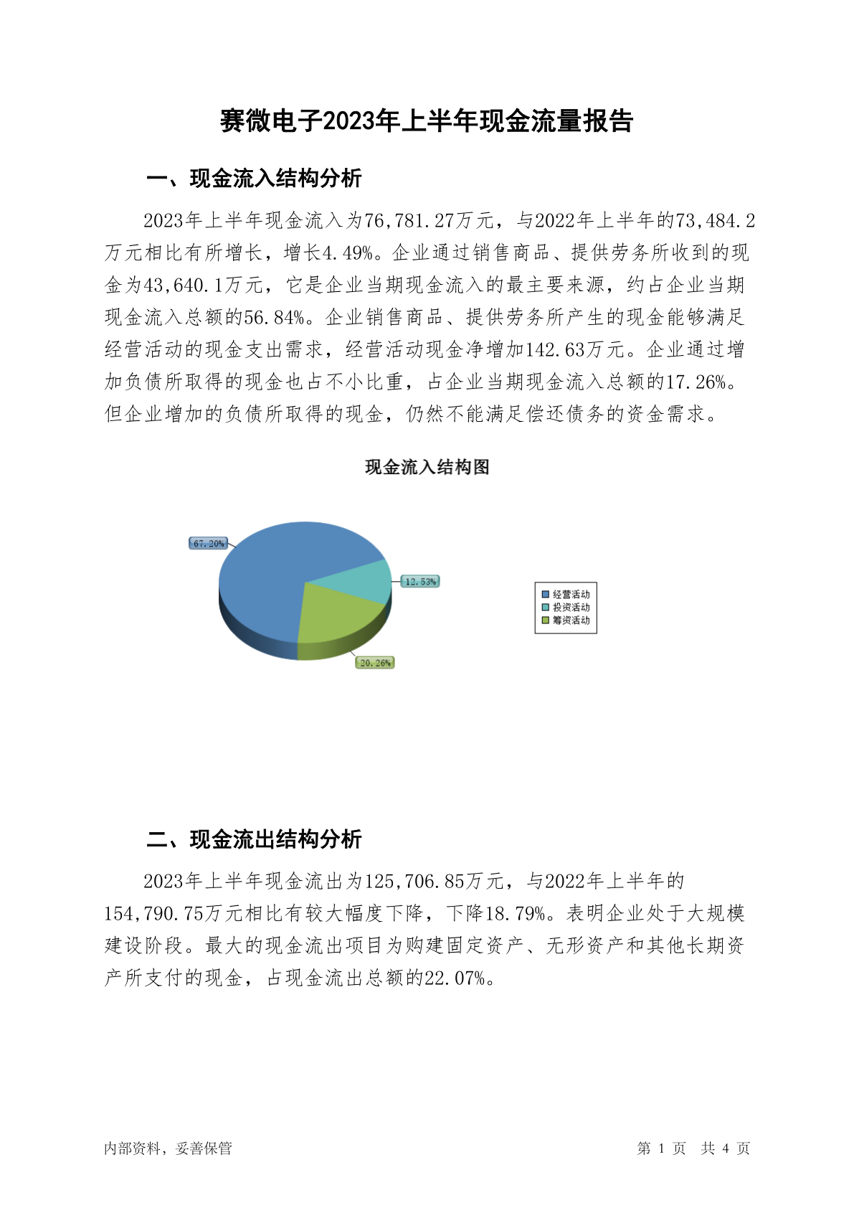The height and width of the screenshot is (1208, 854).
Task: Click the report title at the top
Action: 427,121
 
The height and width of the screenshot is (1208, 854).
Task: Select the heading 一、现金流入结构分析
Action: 254,179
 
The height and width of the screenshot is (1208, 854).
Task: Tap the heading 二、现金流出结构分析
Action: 254,839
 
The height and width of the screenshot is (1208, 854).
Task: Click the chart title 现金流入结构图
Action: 427,467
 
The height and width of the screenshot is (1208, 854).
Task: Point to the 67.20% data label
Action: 209,544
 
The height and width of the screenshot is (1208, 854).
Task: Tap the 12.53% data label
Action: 420,581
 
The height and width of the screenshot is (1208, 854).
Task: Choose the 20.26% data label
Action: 375,663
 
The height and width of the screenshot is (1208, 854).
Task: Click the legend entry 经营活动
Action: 566,595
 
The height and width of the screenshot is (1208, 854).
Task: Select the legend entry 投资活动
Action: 566,608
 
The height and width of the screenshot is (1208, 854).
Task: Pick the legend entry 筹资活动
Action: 566,620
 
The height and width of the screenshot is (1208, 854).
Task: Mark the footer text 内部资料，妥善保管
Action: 168,1148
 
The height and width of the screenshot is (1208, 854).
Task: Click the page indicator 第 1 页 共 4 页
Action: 693,1148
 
